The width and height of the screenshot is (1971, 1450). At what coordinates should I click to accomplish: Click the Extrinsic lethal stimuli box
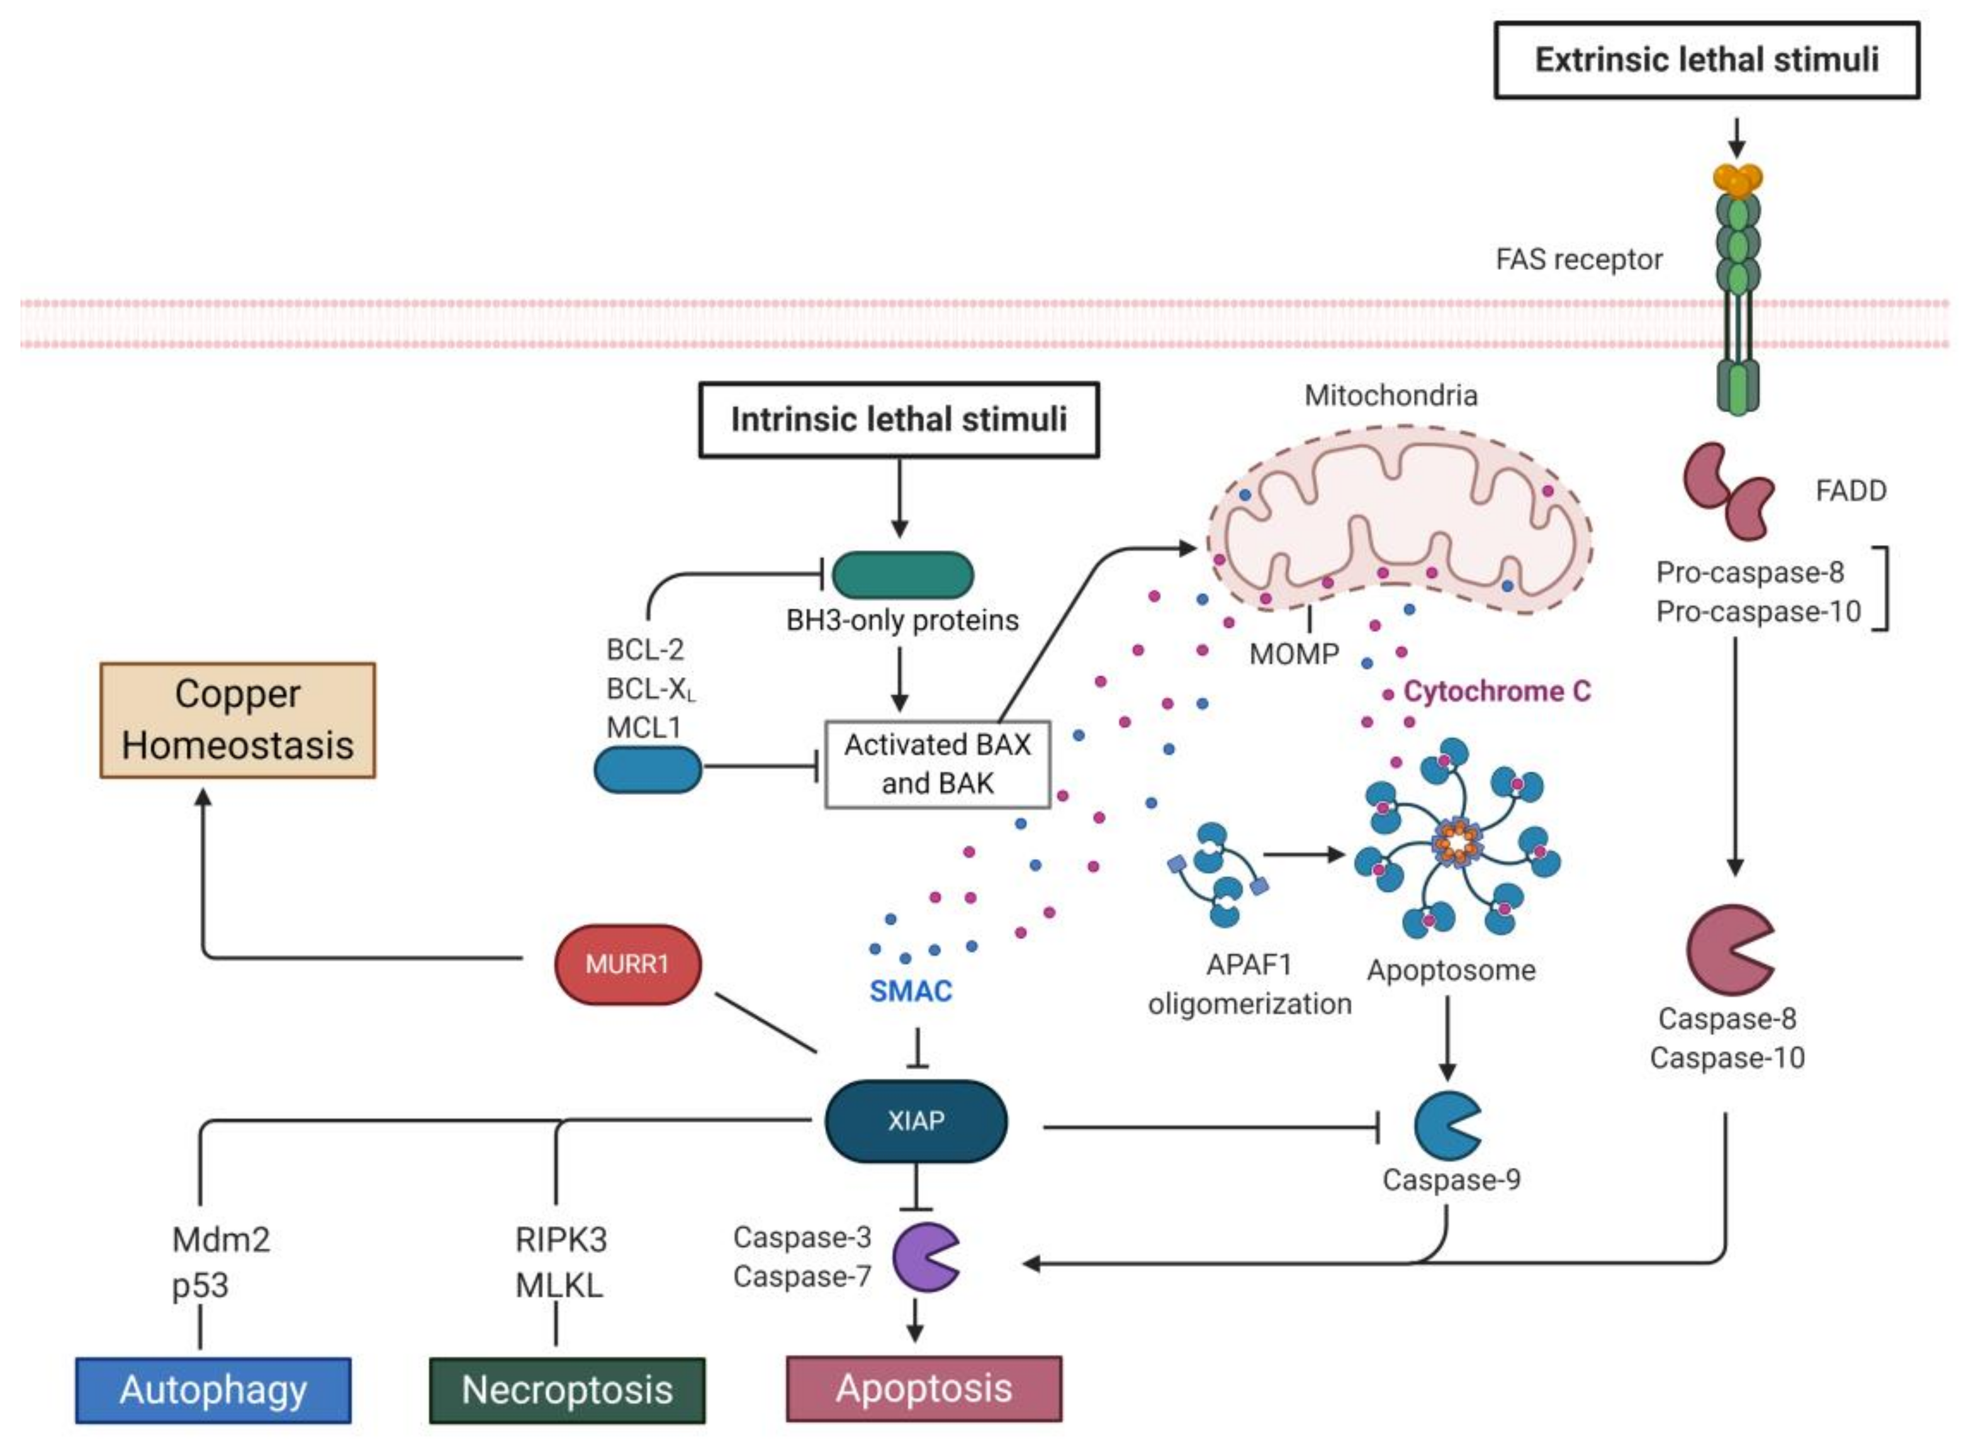click(1706, 60)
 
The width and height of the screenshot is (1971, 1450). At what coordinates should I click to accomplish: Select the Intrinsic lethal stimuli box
click(899, 420)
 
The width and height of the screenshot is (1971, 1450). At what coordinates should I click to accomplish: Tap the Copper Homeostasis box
click(238, 720)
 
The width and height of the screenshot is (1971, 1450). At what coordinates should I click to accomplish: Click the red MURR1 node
click(627, 964)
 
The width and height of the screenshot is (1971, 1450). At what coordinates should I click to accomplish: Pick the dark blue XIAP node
click(915, 1121)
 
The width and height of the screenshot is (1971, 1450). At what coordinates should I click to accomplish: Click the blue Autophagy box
click(213, 1390)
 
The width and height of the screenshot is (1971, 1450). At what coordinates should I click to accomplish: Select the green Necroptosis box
click(567, 1390)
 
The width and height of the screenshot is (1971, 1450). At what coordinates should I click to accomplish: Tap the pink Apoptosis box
click(923, 1388)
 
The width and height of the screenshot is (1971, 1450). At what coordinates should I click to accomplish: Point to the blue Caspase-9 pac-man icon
click(1444, 1125)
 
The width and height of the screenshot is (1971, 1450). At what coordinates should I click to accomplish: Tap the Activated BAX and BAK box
click(937, 763)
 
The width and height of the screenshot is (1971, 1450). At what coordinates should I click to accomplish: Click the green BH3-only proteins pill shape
click(902, 575)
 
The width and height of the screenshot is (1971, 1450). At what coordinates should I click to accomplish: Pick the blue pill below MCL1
click(648, 770)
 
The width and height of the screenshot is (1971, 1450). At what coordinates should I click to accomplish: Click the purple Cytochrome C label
click(1496, 692)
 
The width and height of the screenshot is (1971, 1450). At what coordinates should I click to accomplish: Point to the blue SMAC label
click(910, 991)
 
